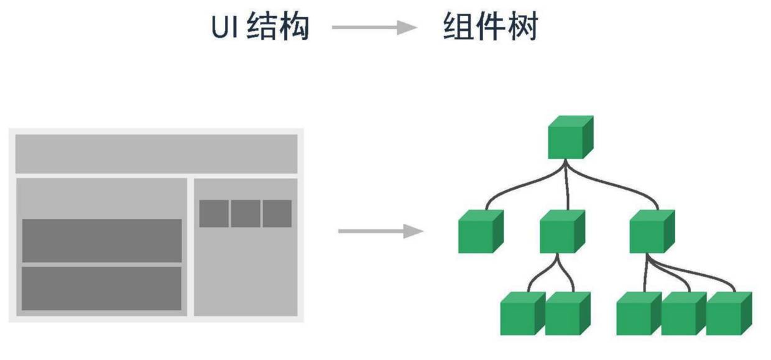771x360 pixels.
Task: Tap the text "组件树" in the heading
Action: pos(491,27)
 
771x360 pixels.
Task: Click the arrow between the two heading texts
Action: pos(374,27)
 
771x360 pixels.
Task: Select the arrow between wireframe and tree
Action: pos(380,232)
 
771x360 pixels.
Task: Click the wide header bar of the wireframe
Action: pos(156,154)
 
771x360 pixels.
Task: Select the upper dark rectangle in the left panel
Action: pos(102,240)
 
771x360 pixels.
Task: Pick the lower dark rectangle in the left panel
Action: pos(102,288)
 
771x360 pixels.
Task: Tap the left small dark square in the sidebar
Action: pos(213,213)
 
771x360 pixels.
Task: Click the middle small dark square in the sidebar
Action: pos(246,213)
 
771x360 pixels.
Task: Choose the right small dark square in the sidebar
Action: pos(277,213)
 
